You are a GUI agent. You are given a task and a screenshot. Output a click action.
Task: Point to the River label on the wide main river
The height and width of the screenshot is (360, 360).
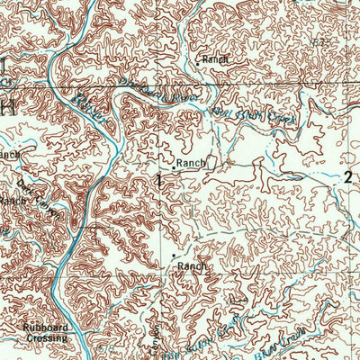coord(90,97)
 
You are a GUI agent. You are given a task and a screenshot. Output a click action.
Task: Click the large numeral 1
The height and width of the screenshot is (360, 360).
coord(160,180)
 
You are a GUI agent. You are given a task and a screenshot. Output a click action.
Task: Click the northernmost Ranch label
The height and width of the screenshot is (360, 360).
coord(216,59)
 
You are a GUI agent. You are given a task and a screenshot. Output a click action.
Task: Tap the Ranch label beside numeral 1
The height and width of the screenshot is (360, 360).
coord(192,164)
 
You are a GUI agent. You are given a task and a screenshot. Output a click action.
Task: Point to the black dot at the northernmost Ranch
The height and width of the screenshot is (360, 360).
coord(198,63)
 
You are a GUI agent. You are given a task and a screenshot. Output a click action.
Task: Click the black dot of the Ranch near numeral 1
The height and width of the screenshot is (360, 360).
coord(173,167)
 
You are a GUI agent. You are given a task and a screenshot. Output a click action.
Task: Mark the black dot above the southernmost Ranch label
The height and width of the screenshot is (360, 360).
coord(173,256)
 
